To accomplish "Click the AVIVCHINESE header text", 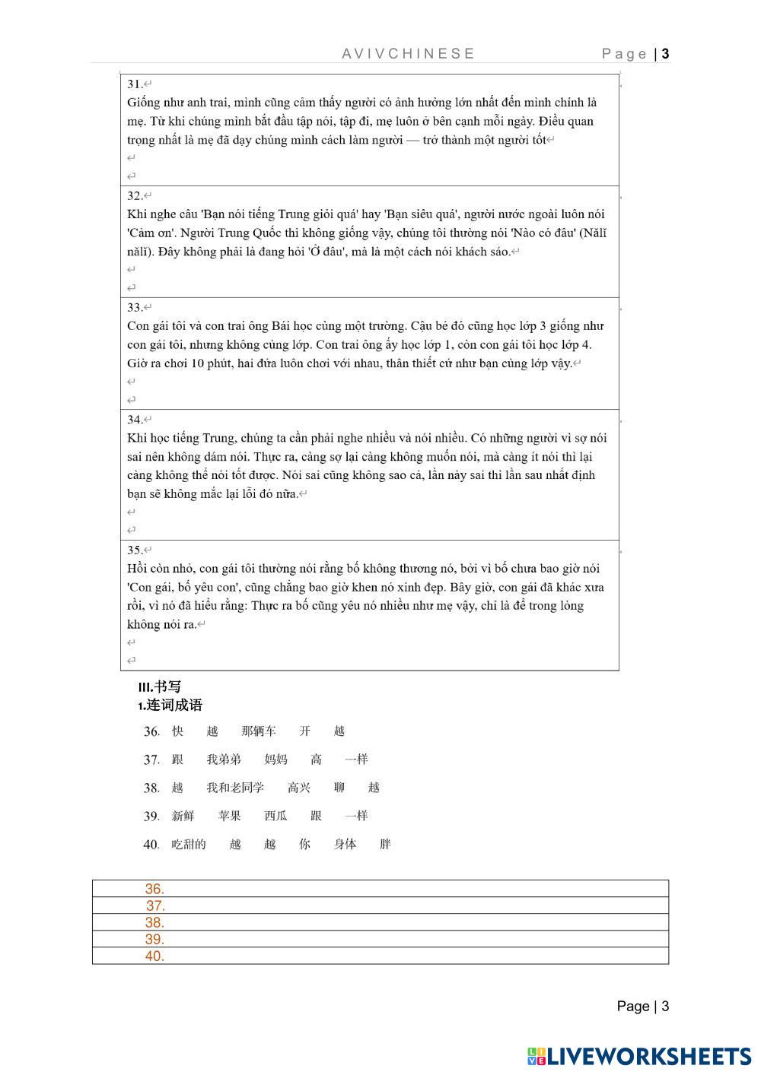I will [409, 53].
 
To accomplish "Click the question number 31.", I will [135, 84].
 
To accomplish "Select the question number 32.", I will [135, 195].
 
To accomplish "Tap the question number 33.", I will [135, 307].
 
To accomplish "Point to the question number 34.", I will [135, 419].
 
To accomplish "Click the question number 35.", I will [135, 550].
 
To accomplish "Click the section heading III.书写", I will [160, 687].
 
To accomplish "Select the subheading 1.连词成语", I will [170, 706].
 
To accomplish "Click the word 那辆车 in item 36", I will [258, 731].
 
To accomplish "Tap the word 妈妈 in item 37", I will [275, 759].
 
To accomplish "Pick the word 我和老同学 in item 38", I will [235, 788].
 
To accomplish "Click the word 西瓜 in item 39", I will [275, 816].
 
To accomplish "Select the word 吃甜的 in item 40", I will [189, 844].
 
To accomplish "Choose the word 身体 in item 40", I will [345, 844].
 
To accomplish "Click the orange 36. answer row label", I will [154, 889].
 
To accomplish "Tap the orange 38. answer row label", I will [154, 922].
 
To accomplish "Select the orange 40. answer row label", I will [154, 956].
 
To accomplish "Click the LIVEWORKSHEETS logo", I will [638, 1056].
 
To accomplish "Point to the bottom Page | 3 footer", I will [642, 1006].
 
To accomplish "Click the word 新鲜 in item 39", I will [183, 816].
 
